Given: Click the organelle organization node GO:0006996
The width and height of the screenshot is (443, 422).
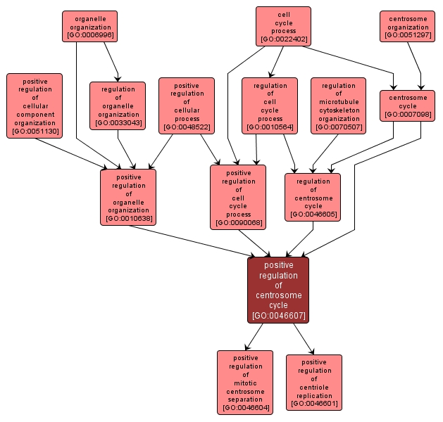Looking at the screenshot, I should [x=89, y=26].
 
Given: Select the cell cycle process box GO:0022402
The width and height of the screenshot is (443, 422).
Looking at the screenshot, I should [x=283, y=26].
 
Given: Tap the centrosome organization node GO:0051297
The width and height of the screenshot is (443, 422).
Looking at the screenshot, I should [x=407, y=26].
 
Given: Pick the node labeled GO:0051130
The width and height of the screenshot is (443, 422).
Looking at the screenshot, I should [x=35, y=105].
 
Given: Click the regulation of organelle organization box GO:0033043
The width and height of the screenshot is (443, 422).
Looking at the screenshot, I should [x=118, y=105].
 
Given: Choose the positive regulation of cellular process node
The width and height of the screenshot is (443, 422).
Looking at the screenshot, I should [x=187, y=105].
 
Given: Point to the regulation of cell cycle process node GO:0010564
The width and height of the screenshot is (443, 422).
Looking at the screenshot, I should [x=270, y=105].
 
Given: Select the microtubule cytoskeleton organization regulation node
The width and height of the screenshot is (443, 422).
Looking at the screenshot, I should [x=338, y=105].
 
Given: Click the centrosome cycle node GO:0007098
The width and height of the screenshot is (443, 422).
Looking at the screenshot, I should [x=407, y=105].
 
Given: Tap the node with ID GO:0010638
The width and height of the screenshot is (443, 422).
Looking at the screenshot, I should [x=128, y=197].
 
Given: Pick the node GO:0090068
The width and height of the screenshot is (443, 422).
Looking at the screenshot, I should [x=238, y=197].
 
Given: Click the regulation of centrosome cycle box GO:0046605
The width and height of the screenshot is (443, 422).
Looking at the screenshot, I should [x=313, y=197].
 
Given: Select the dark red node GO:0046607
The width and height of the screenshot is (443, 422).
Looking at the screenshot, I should [x=278, y=290].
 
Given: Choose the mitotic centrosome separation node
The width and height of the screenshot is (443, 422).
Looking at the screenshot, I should [x=245, y=382].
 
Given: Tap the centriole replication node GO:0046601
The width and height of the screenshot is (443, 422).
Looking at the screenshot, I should [x=314, y=382].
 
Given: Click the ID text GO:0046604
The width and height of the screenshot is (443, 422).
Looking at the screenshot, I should [x=245, y=408].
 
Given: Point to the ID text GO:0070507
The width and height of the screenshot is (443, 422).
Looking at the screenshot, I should [x=338, y=127].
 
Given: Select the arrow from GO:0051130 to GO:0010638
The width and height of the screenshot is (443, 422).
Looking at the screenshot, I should [x=70, y=153].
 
